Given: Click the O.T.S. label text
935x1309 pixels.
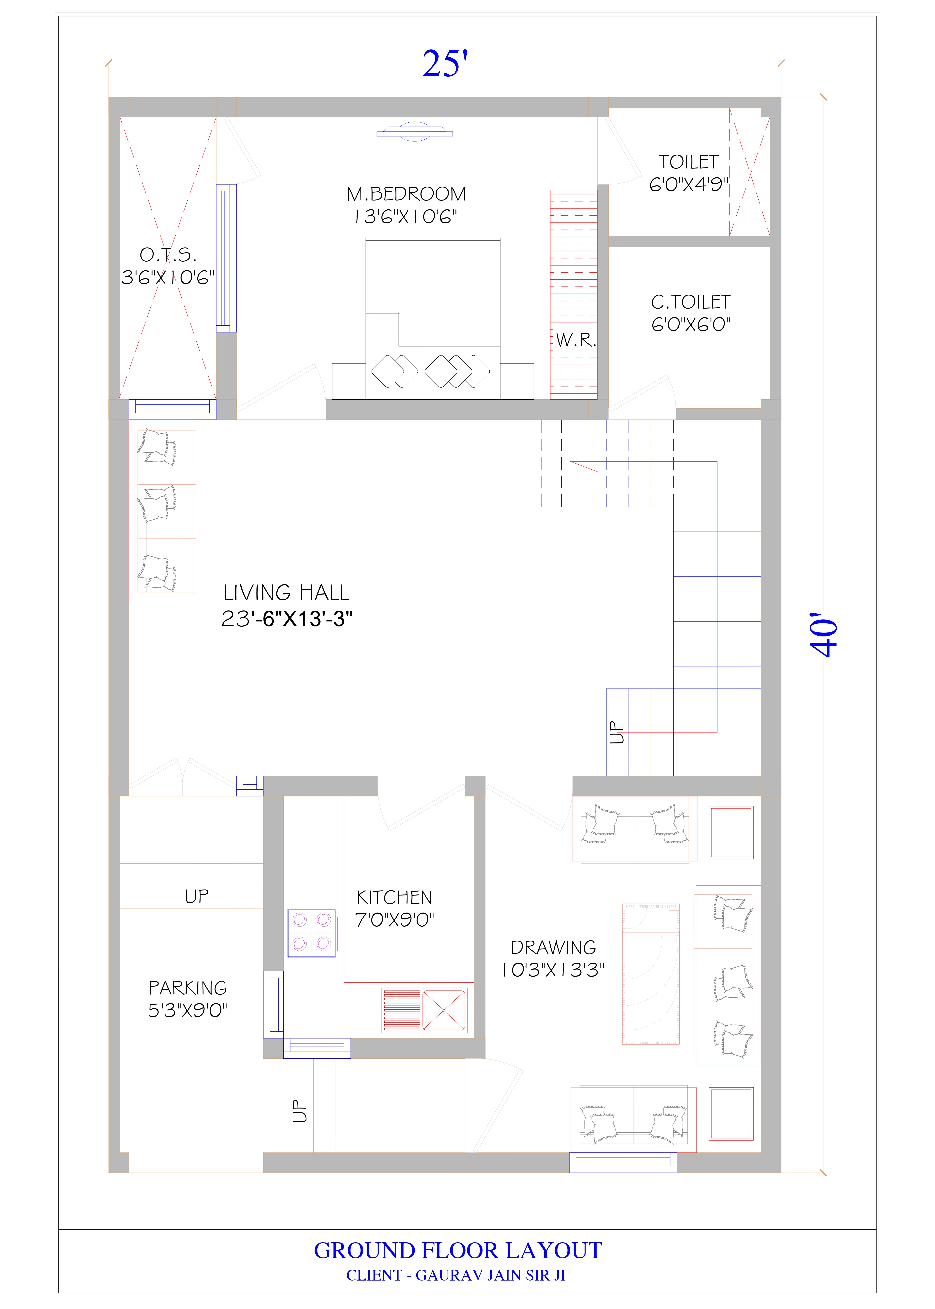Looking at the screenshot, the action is coord(167,255).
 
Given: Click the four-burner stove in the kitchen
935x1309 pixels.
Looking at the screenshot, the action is coord(311,933).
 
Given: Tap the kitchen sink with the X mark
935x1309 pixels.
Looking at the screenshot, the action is coord(444,1010).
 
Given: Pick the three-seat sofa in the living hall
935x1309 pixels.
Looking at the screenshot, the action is coord(162,511).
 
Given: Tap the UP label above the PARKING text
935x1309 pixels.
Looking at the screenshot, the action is coord(197,896).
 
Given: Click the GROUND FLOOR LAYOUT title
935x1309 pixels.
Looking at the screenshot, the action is coord(458,1251).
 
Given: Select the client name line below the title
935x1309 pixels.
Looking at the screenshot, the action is coord(456,1276).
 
